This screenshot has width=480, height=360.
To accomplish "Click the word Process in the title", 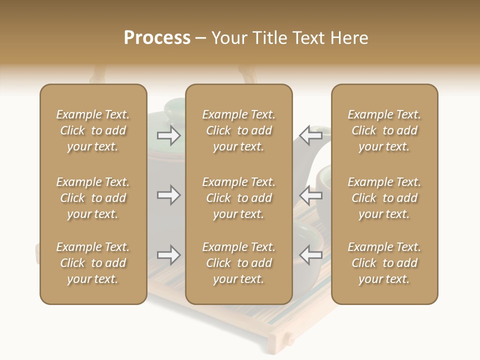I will coord(157,38).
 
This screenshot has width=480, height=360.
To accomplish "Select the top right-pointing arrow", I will coord(168,135).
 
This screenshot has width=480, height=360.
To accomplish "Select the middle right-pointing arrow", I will coord(168,195).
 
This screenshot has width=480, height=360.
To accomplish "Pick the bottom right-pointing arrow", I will coord(168,255).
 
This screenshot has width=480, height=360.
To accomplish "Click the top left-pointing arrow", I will coord(310,135).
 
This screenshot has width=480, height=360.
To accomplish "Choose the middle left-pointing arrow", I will coord(310,195).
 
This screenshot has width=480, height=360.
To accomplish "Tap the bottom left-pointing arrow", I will coord(310,255).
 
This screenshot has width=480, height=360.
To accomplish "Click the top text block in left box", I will coord(93,130).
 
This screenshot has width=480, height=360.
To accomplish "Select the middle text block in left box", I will coord(93,198).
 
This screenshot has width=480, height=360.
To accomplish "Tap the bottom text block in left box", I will coord(93,263).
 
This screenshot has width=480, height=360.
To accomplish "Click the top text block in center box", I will coord(238,130).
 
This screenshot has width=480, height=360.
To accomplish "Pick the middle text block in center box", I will coord(238,198).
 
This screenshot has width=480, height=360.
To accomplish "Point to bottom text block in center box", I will coord(238,263).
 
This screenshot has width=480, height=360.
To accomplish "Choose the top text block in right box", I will coord(384,130).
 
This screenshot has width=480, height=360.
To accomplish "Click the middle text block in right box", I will coord(384,198).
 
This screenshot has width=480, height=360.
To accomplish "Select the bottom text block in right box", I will coord(384,263).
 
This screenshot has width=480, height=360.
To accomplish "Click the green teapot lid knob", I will coord(174,105).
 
